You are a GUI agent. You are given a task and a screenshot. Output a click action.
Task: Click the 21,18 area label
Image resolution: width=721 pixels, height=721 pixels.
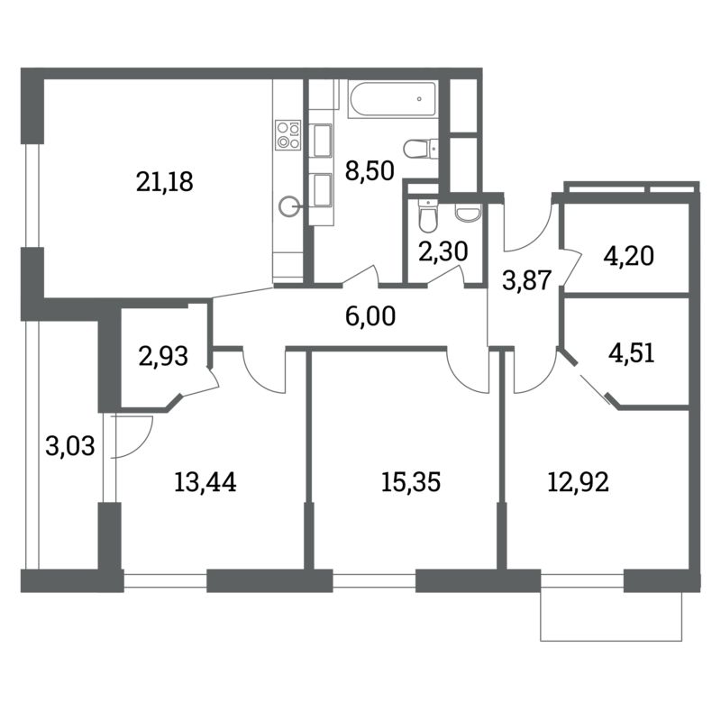click(165, 182)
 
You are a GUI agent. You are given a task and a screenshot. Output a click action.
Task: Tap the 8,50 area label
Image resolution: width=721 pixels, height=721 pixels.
click(370, 170)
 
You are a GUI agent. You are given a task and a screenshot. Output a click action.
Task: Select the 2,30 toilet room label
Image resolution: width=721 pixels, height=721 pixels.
click(443, 251)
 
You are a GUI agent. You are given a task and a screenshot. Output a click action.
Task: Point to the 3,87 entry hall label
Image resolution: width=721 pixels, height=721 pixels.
click(527, 280)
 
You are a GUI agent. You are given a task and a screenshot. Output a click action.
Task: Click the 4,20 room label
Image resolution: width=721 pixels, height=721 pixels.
click(628, 257)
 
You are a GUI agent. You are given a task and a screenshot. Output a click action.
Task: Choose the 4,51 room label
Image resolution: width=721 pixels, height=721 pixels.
click(632, 353)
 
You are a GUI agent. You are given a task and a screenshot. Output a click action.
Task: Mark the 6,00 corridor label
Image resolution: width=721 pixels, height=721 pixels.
click(370, 317)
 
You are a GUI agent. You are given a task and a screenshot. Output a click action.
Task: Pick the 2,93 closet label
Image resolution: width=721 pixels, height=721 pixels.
click(163, 356)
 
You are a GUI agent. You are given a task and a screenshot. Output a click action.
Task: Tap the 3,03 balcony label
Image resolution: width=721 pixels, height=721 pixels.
click(70, 446)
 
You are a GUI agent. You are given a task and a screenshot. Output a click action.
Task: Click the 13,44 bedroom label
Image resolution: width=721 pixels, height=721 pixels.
click(205, 483)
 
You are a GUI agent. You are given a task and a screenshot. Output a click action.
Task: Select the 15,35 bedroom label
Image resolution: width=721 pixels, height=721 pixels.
click(411, 483)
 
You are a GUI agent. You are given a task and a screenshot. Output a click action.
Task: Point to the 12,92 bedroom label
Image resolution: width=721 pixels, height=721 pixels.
click(579, 483)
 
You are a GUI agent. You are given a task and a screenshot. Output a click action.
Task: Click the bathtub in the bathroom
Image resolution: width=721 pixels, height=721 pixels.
click(392, 99)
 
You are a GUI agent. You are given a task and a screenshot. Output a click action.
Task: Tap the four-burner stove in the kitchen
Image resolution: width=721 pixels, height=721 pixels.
click(288, 134)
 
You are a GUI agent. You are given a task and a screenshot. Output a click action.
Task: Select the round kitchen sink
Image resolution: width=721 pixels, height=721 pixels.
click(288, 206)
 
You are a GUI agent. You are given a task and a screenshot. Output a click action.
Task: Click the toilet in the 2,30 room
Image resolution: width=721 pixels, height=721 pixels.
click(427, 215)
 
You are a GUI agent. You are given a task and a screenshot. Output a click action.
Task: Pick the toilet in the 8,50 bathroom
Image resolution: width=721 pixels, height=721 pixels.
click(420, 148)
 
